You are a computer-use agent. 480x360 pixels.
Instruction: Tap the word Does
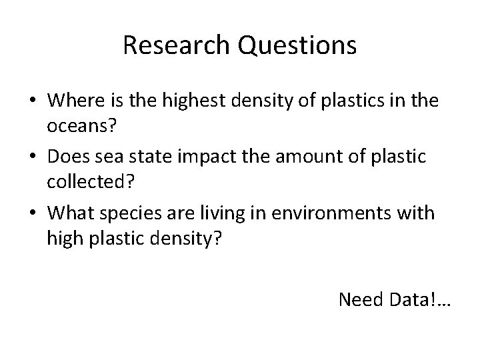tap(67, 157)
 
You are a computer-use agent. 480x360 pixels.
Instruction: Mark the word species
tap(127, 214)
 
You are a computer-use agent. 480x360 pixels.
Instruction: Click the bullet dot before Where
tap(32, 102)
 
